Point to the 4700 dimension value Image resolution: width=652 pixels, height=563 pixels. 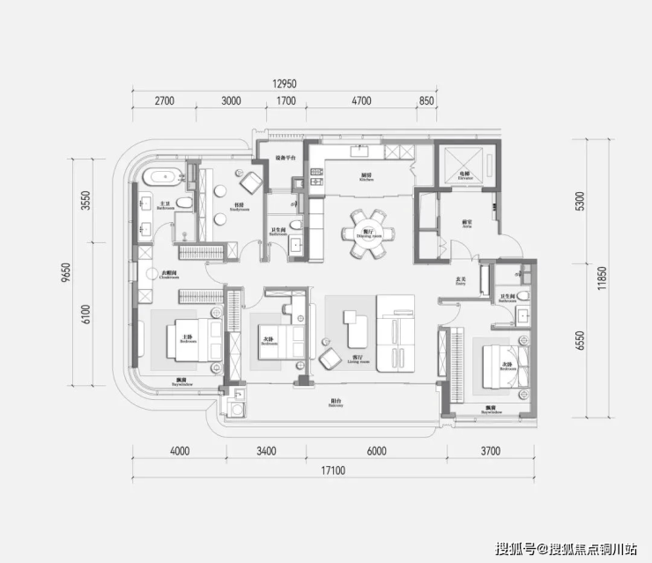[x=362, y=101]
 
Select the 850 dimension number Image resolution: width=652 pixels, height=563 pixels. [x=426, y=101]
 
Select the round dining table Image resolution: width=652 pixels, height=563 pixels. [x=366, y=233]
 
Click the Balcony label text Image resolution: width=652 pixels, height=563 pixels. [x=336, y=400]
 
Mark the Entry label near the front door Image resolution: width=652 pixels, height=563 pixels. [x=460, y=282]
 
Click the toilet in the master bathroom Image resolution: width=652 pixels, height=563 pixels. [x=183, y=204]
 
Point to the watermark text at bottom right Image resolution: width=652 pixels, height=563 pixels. [x=564, y=549]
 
